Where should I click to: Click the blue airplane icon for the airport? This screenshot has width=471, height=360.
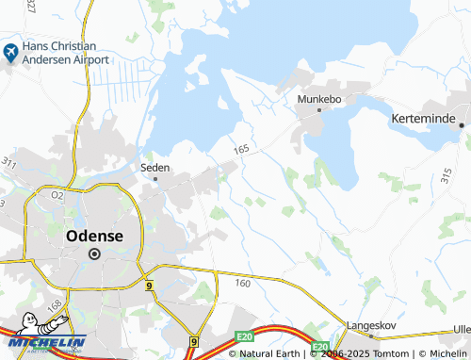10,53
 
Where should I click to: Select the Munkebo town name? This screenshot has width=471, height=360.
318,98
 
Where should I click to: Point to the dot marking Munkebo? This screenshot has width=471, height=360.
319,110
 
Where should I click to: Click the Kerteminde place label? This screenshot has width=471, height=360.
423,121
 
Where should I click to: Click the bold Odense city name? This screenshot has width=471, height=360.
94,237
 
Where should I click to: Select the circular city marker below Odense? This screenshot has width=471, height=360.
94,254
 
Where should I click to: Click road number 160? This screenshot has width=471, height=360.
242,283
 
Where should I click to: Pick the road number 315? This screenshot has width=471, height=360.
446,174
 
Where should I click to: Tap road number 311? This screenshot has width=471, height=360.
9,163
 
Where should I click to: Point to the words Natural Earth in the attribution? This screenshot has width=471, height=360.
268,353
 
